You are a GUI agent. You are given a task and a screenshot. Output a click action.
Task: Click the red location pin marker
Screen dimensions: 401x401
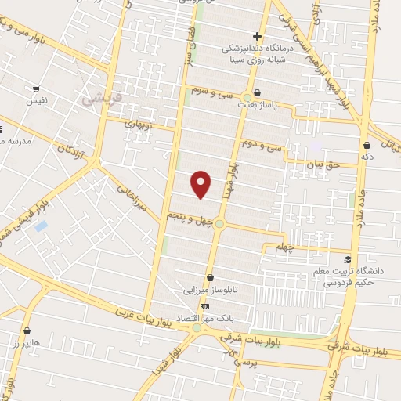click(x=202, y=185)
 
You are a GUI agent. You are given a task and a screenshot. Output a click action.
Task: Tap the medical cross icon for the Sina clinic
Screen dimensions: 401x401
click(x=257, y=36)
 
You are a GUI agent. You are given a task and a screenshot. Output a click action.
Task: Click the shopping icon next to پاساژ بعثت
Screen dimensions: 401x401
click(x=258, y=93)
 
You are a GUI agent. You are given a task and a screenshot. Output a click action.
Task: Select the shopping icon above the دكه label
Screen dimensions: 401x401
click(x=367, y=144)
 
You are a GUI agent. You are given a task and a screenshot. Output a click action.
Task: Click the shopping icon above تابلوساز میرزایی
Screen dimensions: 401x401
click(x=210, y=278)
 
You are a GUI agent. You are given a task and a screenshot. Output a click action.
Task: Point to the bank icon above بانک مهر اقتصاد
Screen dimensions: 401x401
click(x=204, y=306)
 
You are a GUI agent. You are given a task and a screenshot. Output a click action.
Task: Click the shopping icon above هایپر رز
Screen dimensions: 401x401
click(x=27, y=331)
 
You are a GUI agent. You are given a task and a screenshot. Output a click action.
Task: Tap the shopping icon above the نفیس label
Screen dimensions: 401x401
click(x=35, y=89)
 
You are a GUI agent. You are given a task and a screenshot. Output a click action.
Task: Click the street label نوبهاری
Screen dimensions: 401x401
click(x=142, y=124)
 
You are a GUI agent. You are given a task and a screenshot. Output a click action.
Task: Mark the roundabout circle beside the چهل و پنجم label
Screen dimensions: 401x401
click(x=220, y=225)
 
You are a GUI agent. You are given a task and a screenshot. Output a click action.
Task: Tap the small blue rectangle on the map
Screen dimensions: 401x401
click(x=42, y=226)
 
